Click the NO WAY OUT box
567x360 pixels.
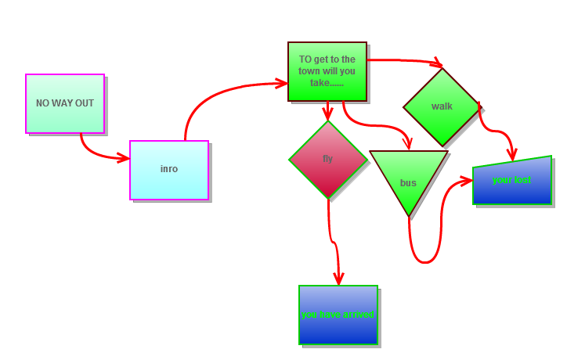64,103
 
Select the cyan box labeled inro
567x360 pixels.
168,170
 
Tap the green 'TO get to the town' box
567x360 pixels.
327,70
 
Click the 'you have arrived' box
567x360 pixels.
338,315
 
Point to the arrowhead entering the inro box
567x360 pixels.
123,158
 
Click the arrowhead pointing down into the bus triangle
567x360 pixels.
407,143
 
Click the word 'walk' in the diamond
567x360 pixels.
442,106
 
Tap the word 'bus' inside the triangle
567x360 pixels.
408,183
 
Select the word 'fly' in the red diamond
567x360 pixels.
327,159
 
